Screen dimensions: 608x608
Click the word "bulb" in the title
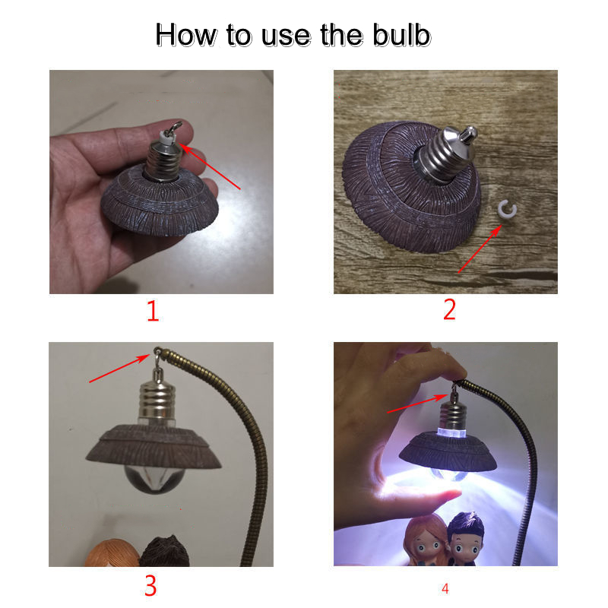coord(402,35)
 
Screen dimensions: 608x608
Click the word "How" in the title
coord(186,35)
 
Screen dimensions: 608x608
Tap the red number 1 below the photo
coord(153,311)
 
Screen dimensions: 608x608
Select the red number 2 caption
coord(449,309)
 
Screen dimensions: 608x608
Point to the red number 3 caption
coord(150,585)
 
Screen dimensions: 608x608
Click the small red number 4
coord(445,588)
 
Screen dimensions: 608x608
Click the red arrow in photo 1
coord(211,166)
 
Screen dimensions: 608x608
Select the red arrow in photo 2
coord(480,249)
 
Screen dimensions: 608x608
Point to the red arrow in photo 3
coord(119,368)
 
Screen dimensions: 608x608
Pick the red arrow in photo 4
coord(417,404)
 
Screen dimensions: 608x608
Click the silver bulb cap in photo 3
coord(157,401)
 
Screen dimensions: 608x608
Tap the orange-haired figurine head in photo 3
coord(112,553)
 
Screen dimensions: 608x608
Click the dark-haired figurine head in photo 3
coord(165,552)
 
